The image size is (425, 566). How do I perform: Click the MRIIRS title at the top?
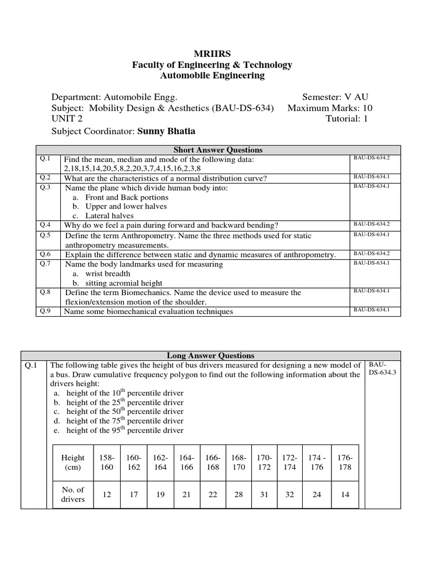[x=212, y=54]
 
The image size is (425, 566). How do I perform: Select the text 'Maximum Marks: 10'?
[x=330, y=108]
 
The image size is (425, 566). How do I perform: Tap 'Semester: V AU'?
[x=335, y=97]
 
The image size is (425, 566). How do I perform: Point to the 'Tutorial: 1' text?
[x=346, y=119]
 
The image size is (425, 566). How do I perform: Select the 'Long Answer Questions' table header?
[x=210, y=355]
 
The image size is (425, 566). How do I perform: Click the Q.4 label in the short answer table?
[x=45, y=224]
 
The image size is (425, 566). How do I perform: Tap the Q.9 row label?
[x=45, y=311]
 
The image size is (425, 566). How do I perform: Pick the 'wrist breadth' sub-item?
[x=108, y=274]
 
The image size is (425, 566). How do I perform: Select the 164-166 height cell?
[x=186, y=463]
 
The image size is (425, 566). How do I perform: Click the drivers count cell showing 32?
[x=289, y=495]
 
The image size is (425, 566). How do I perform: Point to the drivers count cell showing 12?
[x=107, y=495]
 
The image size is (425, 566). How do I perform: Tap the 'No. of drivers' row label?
[x=73, y=494]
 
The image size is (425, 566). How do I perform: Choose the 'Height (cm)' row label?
[x=73, y=463]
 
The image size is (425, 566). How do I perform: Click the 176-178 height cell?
[x=345, y=463]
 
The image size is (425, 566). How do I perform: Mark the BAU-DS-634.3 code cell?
[x=379, y=369]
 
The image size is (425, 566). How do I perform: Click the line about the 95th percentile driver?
[x=125, y=430]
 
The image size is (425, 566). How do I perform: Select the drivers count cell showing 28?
[x=239, y=495]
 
